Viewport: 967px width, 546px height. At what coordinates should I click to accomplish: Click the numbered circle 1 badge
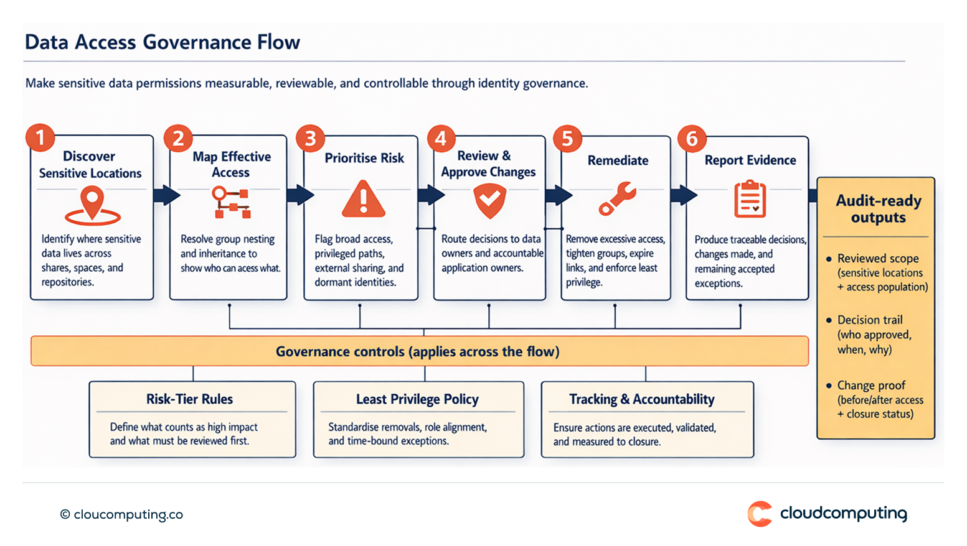click(40, 137)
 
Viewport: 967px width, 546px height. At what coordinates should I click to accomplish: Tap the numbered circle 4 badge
click(441, 138)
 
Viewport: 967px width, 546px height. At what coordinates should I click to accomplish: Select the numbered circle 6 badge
click(692, 138)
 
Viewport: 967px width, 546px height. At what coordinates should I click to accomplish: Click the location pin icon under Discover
click(92, 205)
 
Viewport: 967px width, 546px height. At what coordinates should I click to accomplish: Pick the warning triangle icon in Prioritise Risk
click(364, 200)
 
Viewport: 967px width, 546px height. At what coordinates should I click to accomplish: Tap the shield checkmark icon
click(489, 201)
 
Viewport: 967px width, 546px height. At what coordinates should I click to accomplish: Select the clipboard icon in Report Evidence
click(750, 199)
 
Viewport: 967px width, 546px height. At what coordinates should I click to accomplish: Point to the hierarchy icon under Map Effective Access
click(231, 203)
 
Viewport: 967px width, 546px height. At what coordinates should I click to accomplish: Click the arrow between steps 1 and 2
click(166, 195)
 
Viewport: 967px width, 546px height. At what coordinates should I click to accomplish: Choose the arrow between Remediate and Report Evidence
click(683, 195)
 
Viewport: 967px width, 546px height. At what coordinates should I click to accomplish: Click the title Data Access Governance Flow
click(163, 42)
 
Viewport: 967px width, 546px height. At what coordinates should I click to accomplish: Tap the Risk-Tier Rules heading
click(189, 399)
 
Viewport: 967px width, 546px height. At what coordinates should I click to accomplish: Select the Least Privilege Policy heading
click(417, 399)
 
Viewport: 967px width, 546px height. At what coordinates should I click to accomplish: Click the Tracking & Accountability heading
click(641, 399)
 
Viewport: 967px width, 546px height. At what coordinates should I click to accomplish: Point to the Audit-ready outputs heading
click(878, 209)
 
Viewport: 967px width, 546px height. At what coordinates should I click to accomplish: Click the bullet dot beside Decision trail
click(829, 320)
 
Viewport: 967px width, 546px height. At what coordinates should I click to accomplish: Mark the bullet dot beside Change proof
click(829, 386)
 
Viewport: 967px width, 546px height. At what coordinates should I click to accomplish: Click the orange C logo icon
click(760, 514)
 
